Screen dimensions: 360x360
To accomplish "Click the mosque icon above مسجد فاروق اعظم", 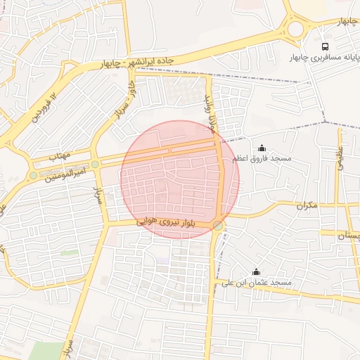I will click(262, 148).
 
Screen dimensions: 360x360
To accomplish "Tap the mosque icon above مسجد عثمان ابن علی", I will click(256, 272).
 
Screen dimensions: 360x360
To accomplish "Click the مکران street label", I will click(307, 206).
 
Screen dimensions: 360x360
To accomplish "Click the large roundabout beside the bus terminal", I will click(295, 29).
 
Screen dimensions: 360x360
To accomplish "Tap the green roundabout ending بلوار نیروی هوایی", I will click(219, 226).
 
